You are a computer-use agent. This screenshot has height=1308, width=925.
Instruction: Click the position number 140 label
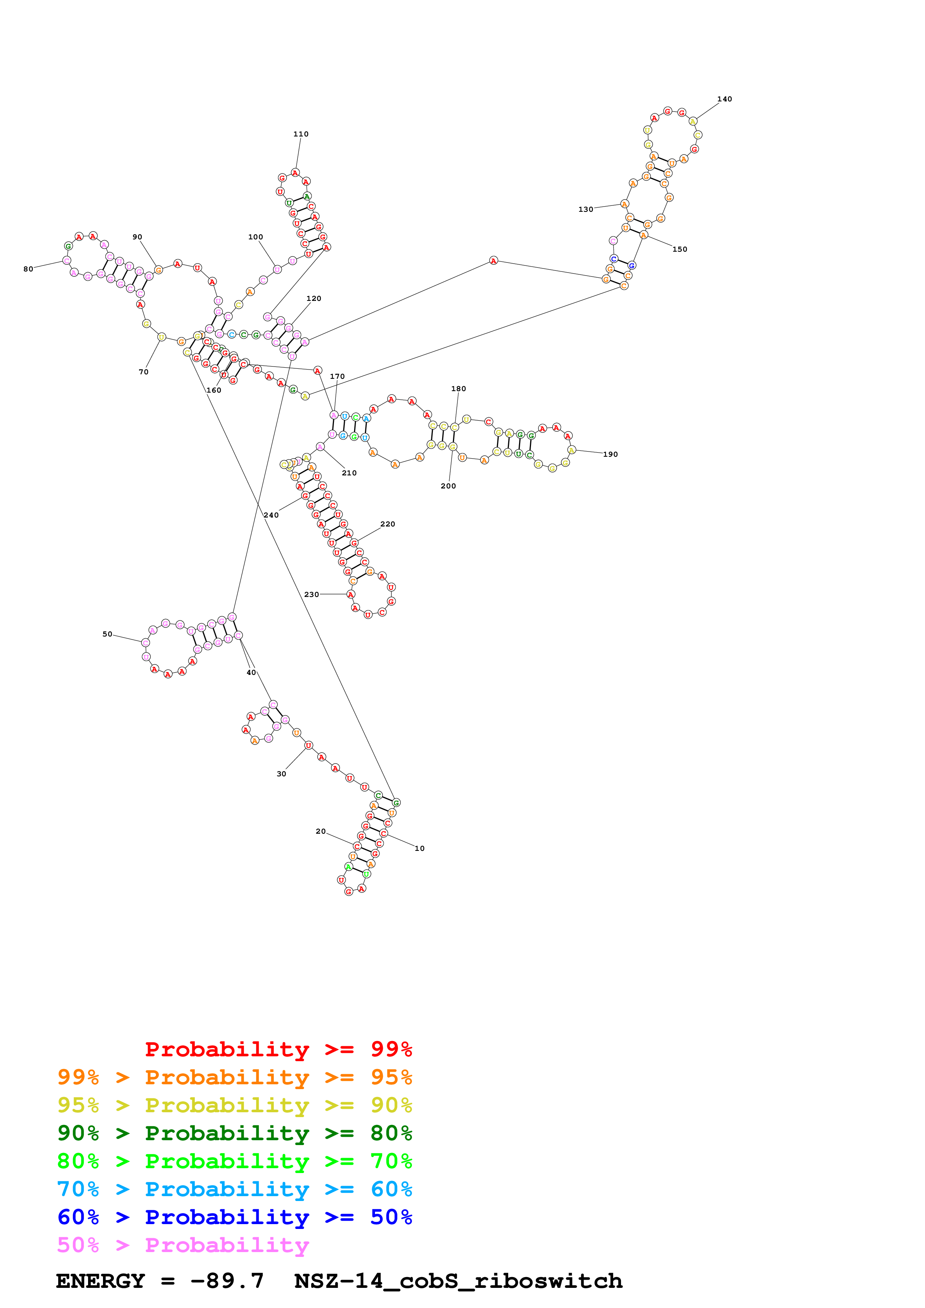pos(724,99)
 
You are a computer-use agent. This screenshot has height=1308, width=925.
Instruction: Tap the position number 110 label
pos(301,135)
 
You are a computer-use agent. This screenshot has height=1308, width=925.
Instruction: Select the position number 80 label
pos(28,270)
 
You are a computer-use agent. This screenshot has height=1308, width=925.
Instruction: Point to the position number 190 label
pos(610,455)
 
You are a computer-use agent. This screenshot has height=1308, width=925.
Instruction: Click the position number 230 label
pos(311,595)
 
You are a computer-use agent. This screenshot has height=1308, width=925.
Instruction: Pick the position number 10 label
pos(419,849)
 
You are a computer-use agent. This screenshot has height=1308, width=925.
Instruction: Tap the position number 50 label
pos(107,635)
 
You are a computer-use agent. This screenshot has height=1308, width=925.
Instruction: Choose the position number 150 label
pos(679,249)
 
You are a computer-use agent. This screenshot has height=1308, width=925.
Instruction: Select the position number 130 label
pos(585,210)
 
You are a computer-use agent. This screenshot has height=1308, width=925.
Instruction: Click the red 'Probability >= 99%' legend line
pos(278,1049)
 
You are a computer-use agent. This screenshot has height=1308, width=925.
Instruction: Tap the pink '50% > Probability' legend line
pos(182,1245)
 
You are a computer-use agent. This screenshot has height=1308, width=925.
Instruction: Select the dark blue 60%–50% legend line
pos(234,1217)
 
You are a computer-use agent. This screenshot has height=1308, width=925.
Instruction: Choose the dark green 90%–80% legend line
pos(234,1134)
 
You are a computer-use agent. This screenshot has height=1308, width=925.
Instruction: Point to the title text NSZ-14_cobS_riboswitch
pos(458,1281)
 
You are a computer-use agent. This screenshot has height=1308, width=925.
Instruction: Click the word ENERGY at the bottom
pos(100,1281)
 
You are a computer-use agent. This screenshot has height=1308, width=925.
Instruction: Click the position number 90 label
pos(137,238)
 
